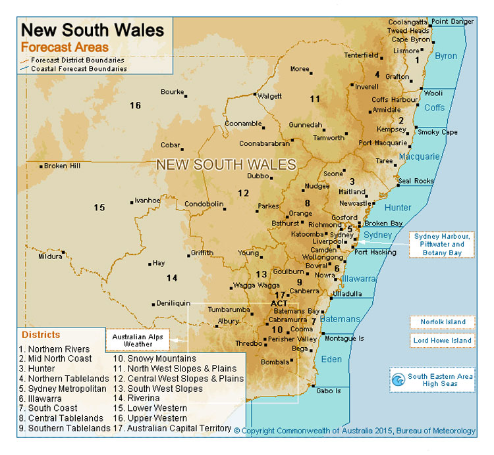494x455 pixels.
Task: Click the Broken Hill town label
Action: coord(62,166)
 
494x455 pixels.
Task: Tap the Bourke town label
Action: coord(172,91)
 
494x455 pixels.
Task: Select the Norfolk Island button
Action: coord(443,322)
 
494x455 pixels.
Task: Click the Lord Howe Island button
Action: coord(443,341)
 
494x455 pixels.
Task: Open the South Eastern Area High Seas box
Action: coord(432,380)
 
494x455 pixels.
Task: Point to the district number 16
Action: coord(135,105)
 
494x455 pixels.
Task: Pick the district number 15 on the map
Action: coord(99,207)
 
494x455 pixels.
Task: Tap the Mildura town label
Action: coord(49,256)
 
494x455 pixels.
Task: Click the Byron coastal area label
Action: coord(446,56)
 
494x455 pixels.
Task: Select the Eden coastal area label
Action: coord(331,359)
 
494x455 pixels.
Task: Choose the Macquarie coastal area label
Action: coord(418,156)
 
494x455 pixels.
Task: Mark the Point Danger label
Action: coord(453,22)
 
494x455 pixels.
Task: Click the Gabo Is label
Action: coord(328,391)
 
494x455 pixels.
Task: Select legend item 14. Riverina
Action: coord(136,398)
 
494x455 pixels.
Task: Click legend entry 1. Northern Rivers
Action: coord(56,349)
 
